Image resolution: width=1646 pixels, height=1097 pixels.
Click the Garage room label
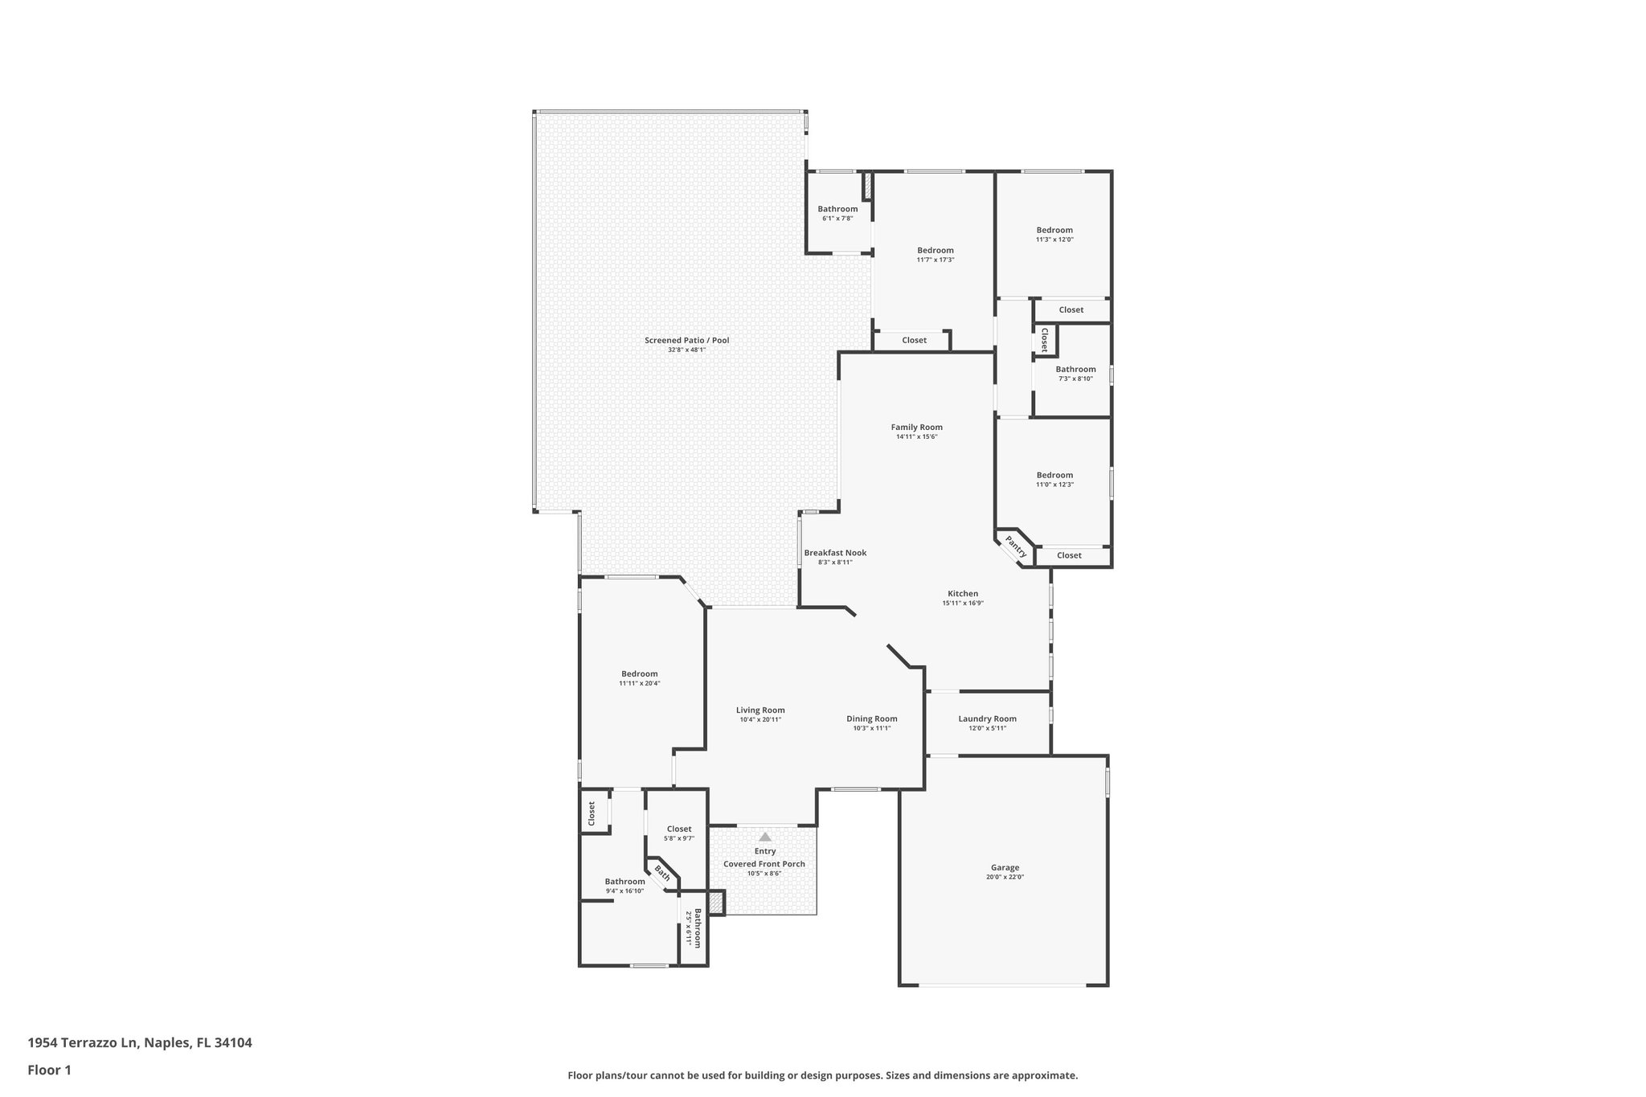click(1005, 867)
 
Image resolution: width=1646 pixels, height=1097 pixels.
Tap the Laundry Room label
click(987, 718)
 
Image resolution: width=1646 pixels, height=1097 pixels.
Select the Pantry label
click(1016, 547)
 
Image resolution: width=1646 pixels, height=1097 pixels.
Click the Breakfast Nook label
click(835, 552)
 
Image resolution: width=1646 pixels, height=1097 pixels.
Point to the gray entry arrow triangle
click(765, 837)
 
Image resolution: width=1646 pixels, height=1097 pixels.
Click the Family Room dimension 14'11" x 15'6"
click(916, 436)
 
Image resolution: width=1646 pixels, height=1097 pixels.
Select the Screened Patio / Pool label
click(686, 340)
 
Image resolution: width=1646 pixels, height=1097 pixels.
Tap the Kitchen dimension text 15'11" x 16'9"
click(963, 603)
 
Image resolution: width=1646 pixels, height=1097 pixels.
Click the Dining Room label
click(871, 718)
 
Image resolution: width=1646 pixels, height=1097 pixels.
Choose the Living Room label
click(760, 710)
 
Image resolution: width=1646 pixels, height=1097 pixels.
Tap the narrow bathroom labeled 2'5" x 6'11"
click(694, 927)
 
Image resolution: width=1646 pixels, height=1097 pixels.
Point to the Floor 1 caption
click(49, 1070)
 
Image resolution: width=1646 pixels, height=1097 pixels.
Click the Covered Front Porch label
click(764, 864)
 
